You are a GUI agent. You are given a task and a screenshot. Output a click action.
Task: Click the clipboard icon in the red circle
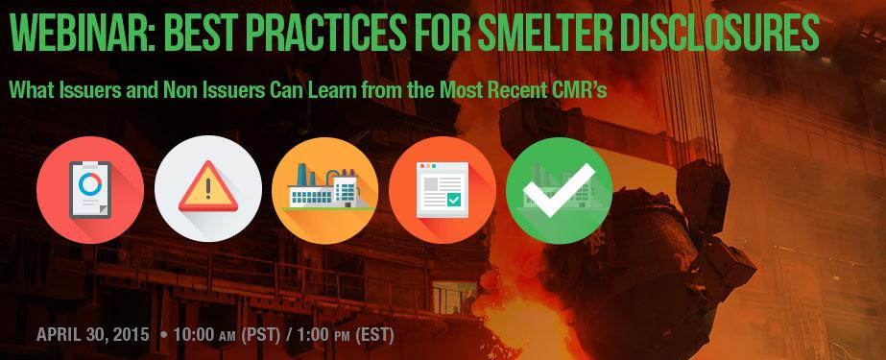[90, 190]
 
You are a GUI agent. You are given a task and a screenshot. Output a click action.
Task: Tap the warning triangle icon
[208, 186]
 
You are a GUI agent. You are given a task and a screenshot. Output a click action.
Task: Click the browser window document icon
[443, 190]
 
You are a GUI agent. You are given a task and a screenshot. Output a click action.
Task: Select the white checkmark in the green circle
[559, 190]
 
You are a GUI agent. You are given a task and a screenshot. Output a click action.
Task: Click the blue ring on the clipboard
[90, 185]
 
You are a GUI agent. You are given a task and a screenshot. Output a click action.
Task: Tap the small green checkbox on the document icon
[454, 200]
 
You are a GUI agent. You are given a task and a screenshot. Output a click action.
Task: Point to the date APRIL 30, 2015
[93, 335]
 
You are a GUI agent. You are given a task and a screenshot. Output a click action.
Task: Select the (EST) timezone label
[374, 335]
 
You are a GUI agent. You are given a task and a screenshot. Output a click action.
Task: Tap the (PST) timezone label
[261, 335]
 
